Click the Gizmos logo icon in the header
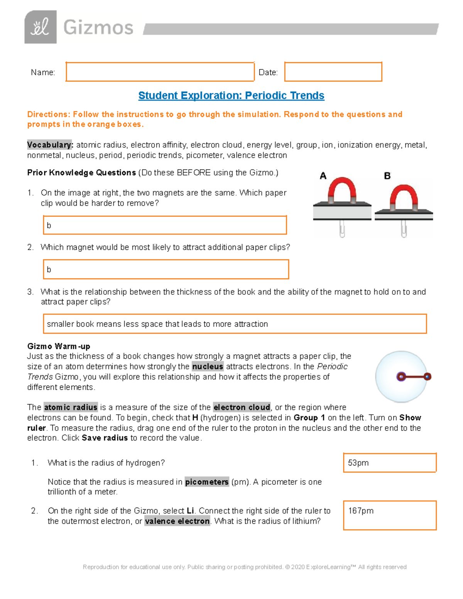pos(41,27)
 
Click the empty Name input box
pos(160,72)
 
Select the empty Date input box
pos(333,72)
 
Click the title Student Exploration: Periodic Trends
pos(231,95)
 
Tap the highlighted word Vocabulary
pos(50,145)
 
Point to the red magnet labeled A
pos(342,190)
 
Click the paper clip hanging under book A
pos(342,228)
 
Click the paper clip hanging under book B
pos(404,228)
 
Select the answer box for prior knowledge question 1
pos(165,225)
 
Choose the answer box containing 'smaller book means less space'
pos(235,324)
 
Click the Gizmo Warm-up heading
pos(59,346)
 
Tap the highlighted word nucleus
pos(208,366)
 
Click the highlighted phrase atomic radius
pos(71,407)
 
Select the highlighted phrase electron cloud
pos(242,407)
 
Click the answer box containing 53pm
pos(390,463)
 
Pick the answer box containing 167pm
pos(390,515)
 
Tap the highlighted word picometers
pos(207,482)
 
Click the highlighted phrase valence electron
pos(177,521)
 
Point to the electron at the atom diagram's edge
pos(427,376)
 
